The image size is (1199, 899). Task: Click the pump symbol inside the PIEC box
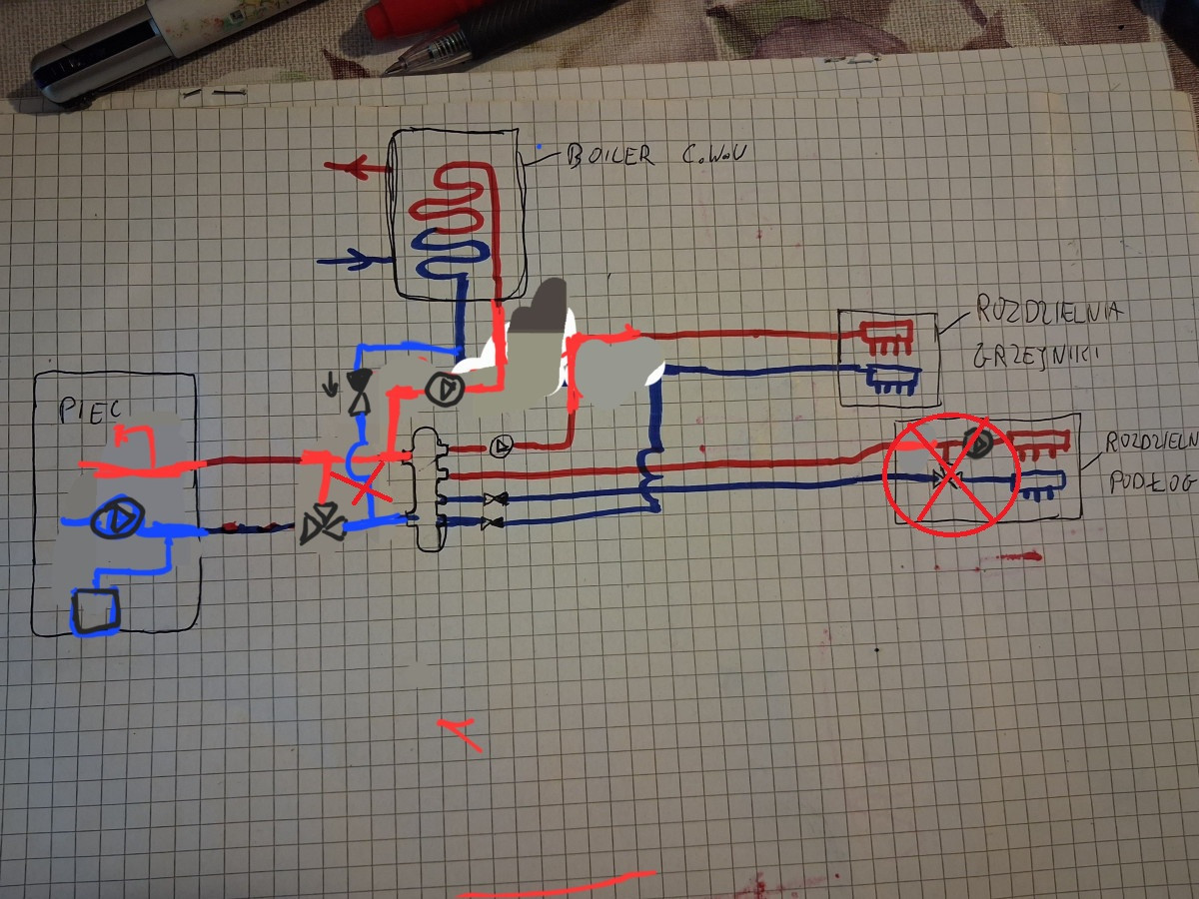pos(117,519)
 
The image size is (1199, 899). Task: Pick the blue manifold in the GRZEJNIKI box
pos(892,379)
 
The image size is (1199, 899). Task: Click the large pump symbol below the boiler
pos(440,390)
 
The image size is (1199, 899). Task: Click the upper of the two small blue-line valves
pos(493,498)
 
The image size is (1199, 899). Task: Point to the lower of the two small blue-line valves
pos(491,521)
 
